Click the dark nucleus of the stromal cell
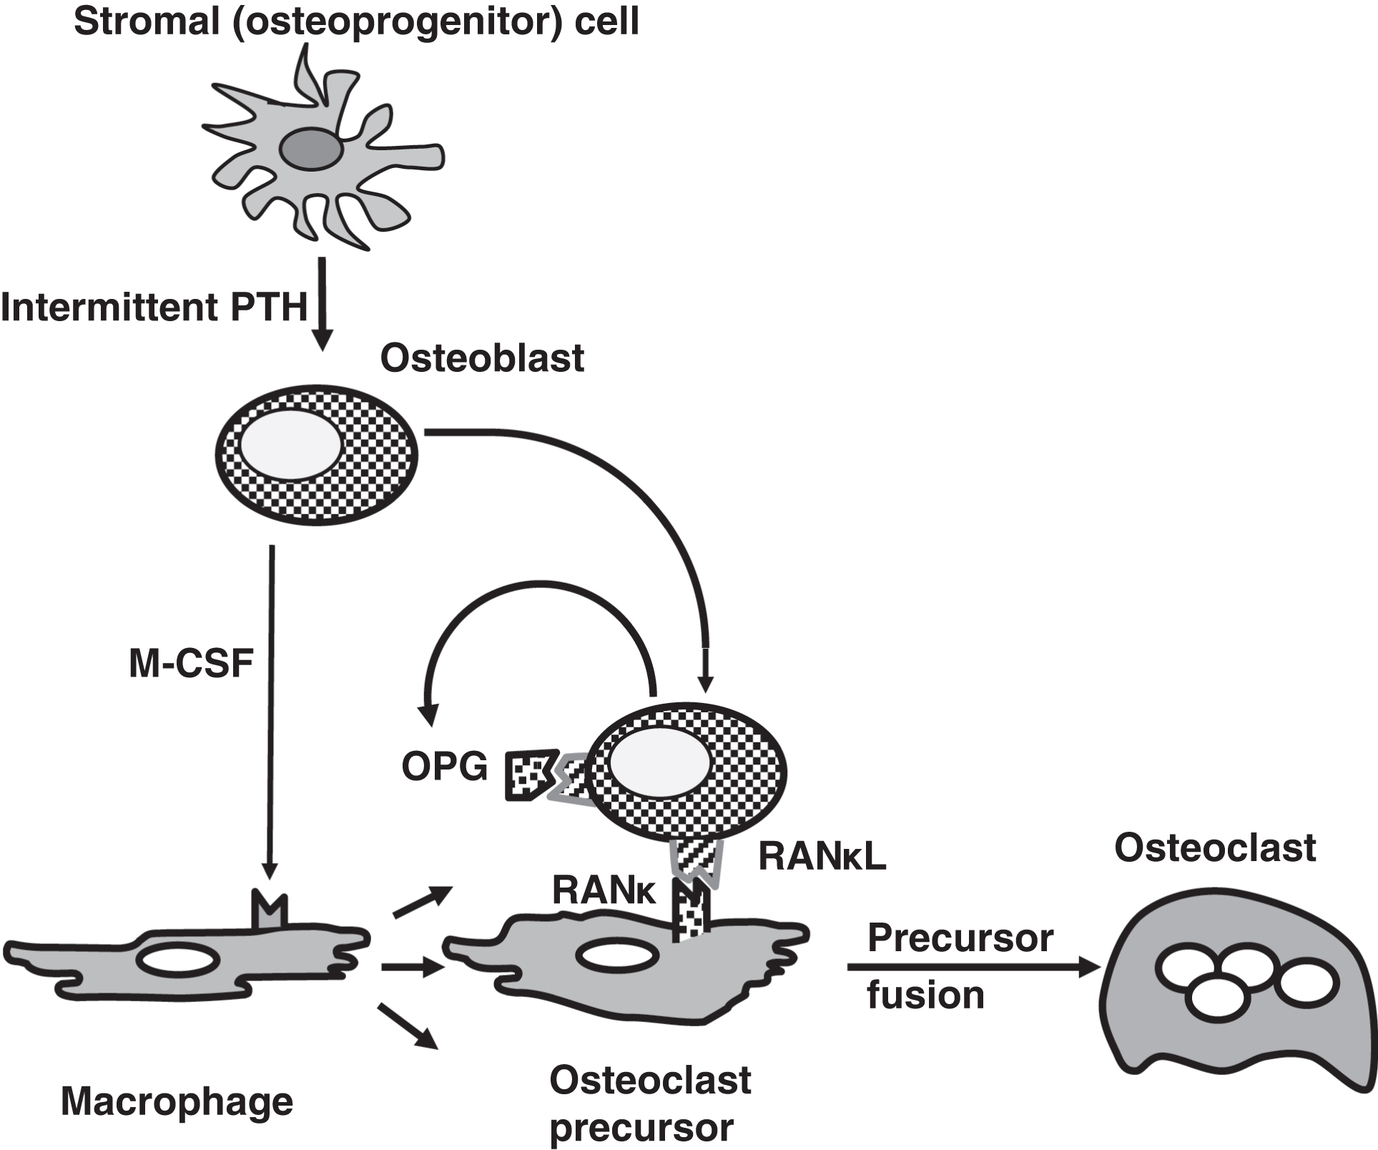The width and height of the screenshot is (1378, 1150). [x=310, y=149]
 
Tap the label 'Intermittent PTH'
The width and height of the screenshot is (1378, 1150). [x=154, y=308]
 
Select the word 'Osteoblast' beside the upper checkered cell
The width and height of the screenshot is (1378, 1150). [x=482, y=358]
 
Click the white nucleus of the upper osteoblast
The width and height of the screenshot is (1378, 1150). [x=291, y=445]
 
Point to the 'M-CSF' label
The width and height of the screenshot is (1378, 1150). [x=191, y=663]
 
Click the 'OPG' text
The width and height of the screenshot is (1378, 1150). [x=444, y=767]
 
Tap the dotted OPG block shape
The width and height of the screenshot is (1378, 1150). [x=530, y=774]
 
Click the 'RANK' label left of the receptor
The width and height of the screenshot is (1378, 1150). [x=604, y=890]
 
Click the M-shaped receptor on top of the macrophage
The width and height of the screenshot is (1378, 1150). [x=270, y=910]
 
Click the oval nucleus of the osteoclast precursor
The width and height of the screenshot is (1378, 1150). [x=617, y=957]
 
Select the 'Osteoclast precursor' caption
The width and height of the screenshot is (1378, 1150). [x=649, y=1103]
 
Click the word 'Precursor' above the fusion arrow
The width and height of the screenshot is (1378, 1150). [x=960, y=938]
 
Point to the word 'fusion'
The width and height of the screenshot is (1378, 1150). [x=925, y=995]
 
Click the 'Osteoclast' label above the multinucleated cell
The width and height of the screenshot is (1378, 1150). [x=1214, y=847]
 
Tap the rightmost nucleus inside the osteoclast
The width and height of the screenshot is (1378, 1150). [x=1306, y=983]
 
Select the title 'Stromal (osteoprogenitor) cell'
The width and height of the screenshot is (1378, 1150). [x=356, y=21]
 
